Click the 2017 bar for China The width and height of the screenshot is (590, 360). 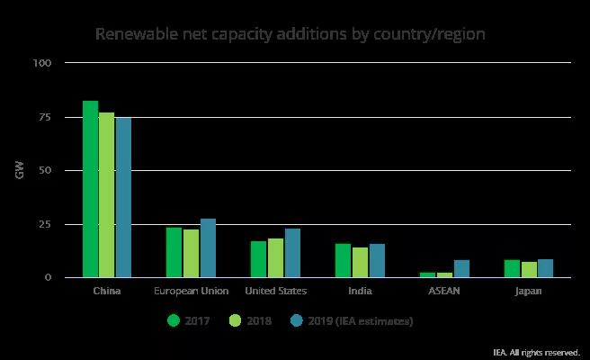coord(90,189)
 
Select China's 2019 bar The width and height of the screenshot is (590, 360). coord(123,197)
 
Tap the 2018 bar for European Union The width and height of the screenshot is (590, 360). coord(191,253)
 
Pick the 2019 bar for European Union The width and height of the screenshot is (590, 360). coord(208,247)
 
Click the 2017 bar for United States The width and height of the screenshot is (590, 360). coord(258,259)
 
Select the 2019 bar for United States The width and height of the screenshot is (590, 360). coord(292,253)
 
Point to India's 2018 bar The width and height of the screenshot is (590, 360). coord(360,262)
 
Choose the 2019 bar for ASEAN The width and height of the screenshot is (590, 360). coord(461,268)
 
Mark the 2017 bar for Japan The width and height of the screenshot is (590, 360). coord(512,268)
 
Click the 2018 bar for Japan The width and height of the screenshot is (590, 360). coord(529,269)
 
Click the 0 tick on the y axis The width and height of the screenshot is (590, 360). coord(49,277)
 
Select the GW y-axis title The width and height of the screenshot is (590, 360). coord(19,170)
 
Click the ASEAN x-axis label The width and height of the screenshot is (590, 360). coord(444,292)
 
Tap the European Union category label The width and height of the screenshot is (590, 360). coord(191,292)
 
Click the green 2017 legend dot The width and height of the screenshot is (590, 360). coord(174,319)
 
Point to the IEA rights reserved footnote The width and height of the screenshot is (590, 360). coord(536,352)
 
